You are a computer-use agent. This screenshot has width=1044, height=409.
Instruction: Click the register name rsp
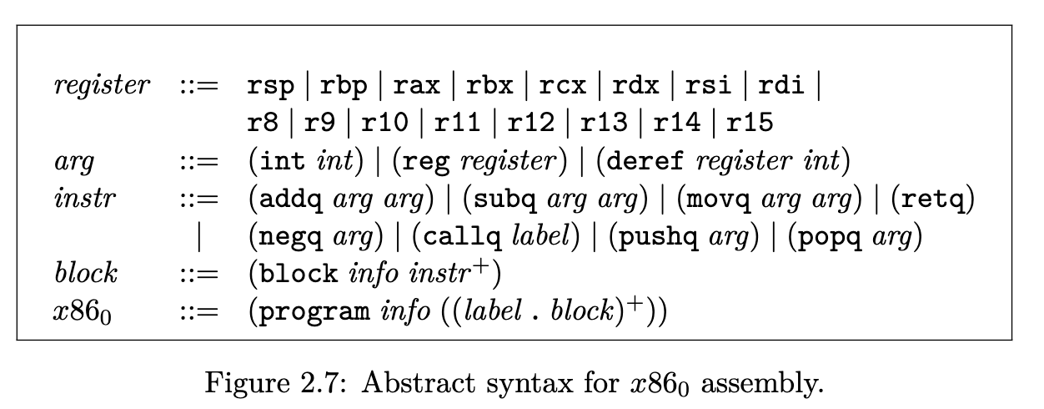[x=270, y=87]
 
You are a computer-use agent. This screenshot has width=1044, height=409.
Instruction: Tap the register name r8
[x=263, y=124]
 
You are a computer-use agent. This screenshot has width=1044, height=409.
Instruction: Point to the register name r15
[x=750, y=124]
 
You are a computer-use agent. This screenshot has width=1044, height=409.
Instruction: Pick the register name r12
[x=531, y=124]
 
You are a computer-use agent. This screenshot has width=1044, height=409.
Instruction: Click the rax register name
[x=416, y=87]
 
